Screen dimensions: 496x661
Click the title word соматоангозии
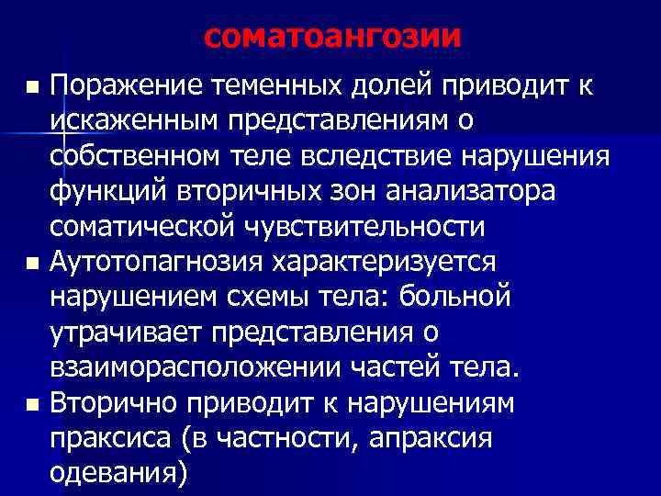point(331,37)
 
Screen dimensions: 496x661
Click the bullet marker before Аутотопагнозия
point(34,264)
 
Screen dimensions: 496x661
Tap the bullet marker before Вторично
point(34,404)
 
